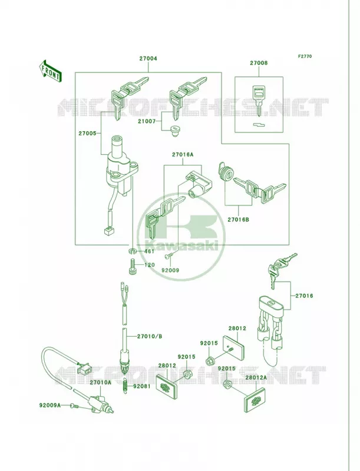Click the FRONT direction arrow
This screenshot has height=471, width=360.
(x=50, y=71)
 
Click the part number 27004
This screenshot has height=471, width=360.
(x=148, y=58)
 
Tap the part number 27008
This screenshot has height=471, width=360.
(x=259, y=63)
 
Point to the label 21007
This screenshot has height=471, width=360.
(x=146, y=121)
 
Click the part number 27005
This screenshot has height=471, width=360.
(x=87, y=133)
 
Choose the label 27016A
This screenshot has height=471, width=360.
(x=183, y=155)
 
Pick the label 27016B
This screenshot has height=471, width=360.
(x=238, y=220)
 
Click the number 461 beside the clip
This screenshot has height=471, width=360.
(x=149, y=251)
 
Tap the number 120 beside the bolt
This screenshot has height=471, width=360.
(x=149, y=265)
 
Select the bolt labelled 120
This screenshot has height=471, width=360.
(x=132, y=267)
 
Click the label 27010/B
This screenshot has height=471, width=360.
(x=149, y=336)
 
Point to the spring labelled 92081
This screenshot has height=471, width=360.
(x=125, y=386)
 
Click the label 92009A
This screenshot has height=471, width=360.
(x=50, y=405)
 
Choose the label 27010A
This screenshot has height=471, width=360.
(x=100, y=382)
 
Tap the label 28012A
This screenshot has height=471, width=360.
(x=256, y=377)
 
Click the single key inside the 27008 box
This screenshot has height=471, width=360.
(x=259, y=101)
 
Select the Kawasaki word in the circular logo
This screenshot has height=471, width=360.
(x=181, y=246)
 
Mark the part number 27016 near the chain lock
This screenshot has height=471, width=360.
(x=304, y=296)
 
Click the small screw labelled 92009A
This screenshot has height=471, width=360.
(x=74, y=406)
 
